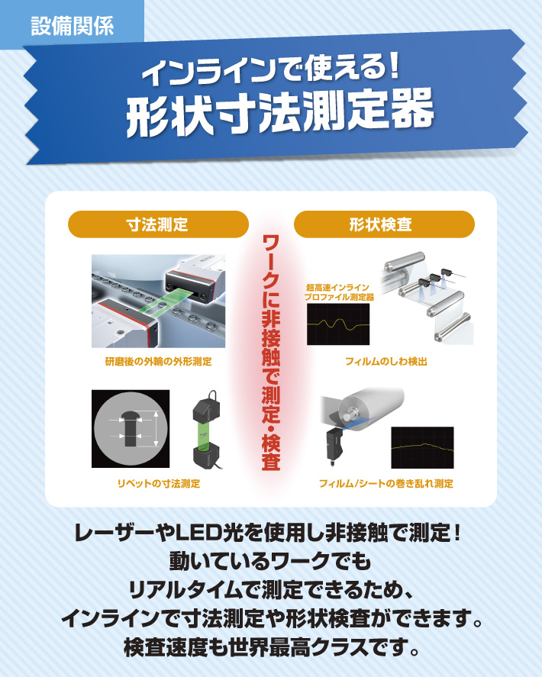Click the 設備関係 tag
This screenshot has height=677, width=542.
coord(72,25)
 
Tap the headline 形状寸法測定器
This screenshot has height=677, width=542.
coord(279,112)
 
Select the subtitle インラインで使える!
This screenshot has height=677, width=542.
coord(271,69)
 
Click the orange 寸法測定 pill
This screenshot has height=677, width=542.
coord(158,224)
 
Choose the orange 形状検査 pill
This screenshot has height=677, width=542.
coord(384,224)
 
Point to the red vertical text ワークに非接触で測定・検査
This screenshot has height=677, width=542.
coord(271,352)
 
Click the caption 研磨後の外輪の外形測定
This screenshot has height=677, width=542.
coord(159,361)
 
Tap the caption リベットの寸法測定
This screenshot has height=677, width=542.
coord(159,484)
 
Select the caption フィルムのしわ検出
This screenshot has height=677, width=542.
coord(386,361)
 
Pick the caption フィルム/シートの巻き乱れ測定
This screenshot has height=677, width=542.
coord(386,484)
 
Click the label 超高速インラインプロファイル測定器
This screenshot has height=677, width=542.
coord(339,292)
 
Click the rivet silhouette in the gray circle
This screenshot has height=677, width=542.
coord(130,428)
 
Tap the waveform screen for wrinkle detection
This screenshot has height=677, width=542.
coord(338,324)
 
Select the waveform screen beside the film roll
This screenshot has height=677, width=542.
coord(422,448)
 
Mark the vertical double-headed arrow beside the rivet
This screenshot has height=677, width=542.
coord(156,429)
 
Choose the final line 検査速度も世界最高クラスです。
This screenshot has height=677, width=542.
coord(271,647)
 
